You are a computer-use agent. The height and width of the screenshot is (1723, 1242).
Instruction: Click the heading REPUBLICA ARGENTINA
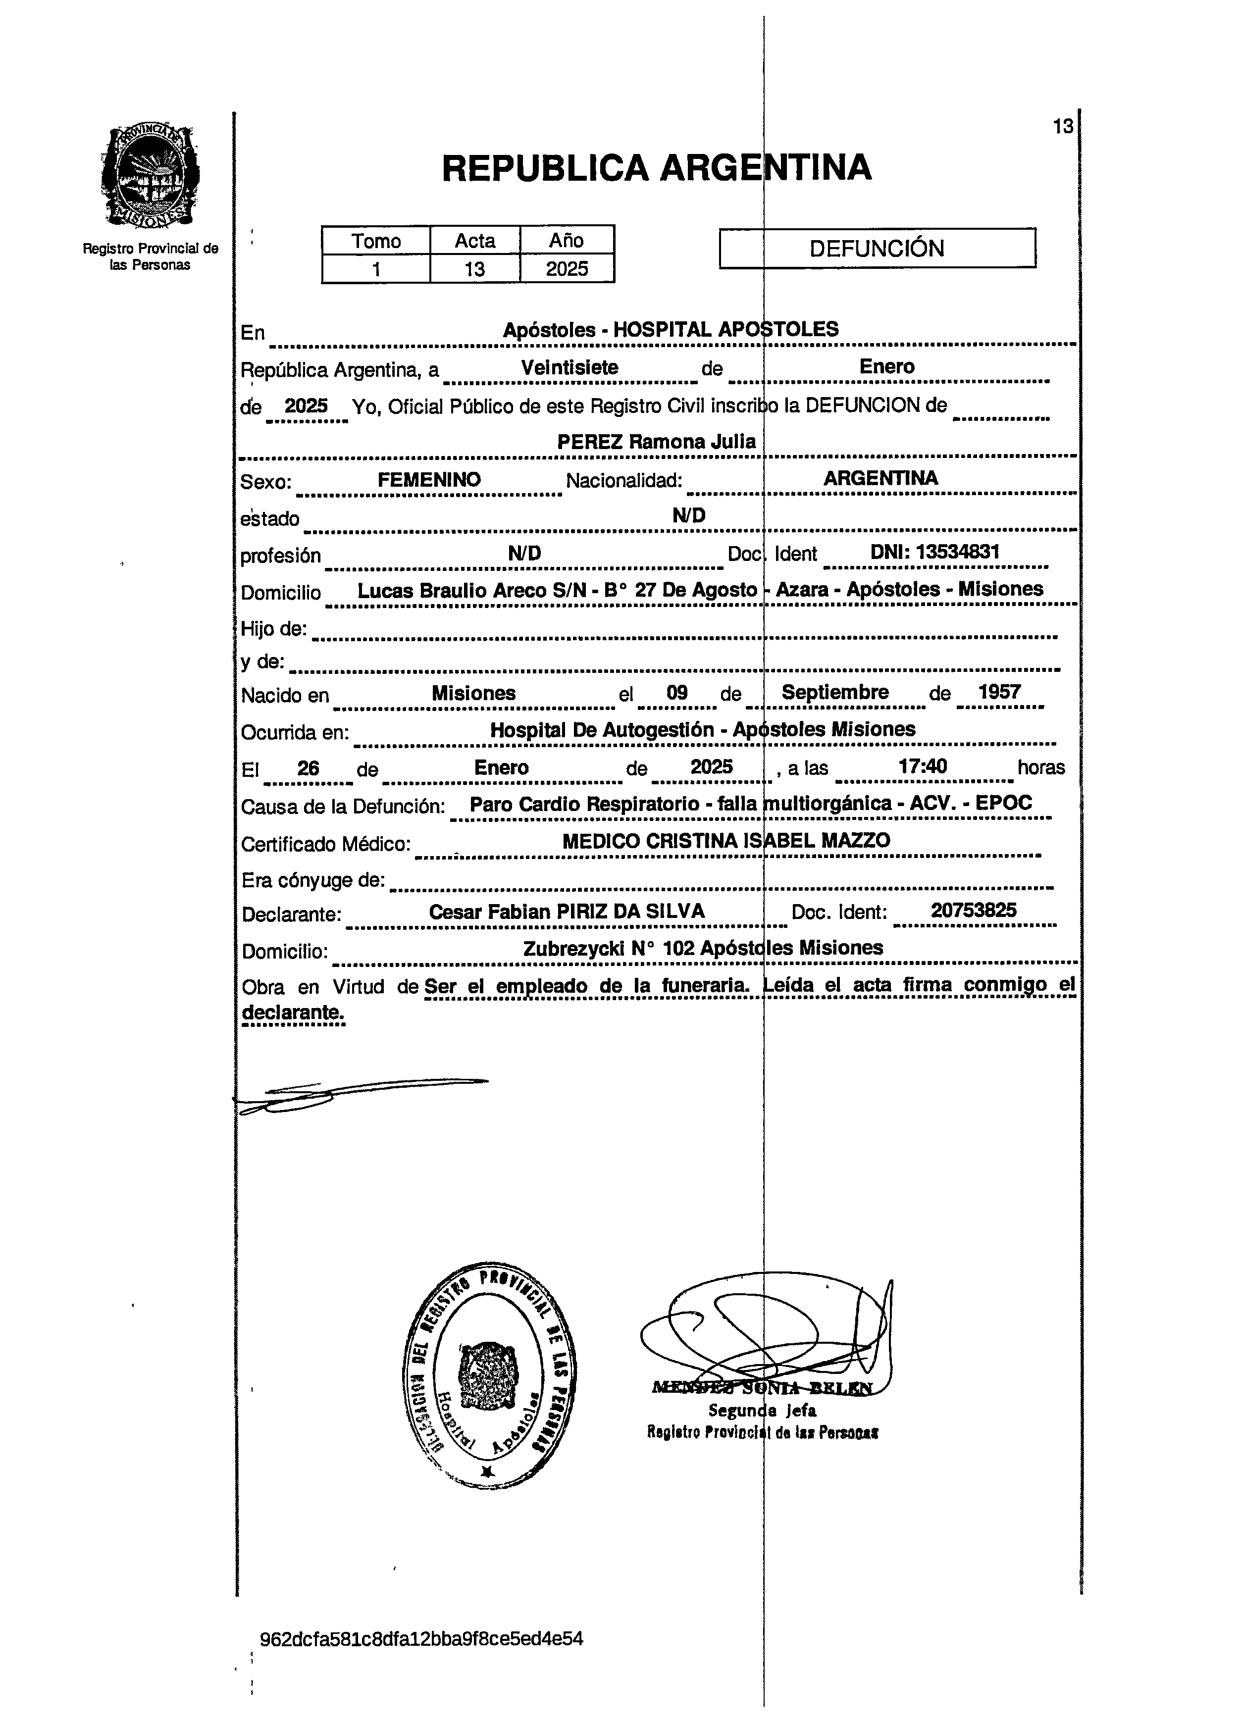coord(656,168)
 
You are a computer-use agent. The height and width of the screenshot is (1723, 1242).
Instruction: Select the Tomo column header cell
coord(375,241)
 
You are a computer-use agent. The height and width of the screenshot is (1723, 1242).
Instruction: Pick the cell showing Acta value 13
coord(475,269)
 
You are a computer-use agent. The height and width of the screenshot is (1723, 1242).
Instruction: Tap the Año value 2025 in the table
coord(567,269)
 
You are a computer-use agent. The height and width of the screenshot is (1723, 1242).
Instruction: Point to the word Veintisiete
coord(569,368)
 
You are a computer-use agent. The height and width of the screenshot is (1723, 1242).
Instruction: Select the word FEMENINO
coord(429,479)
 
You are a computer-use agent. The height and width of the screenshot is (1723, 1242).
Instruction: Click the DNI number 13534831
coord(956,553)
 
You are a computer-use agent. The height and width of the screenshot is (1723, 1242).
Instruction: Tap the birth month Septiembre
coord(835,692)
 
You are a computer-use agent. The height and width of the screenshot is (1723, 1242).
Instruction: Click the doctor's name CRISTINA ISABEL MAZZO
coord(767,841)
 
